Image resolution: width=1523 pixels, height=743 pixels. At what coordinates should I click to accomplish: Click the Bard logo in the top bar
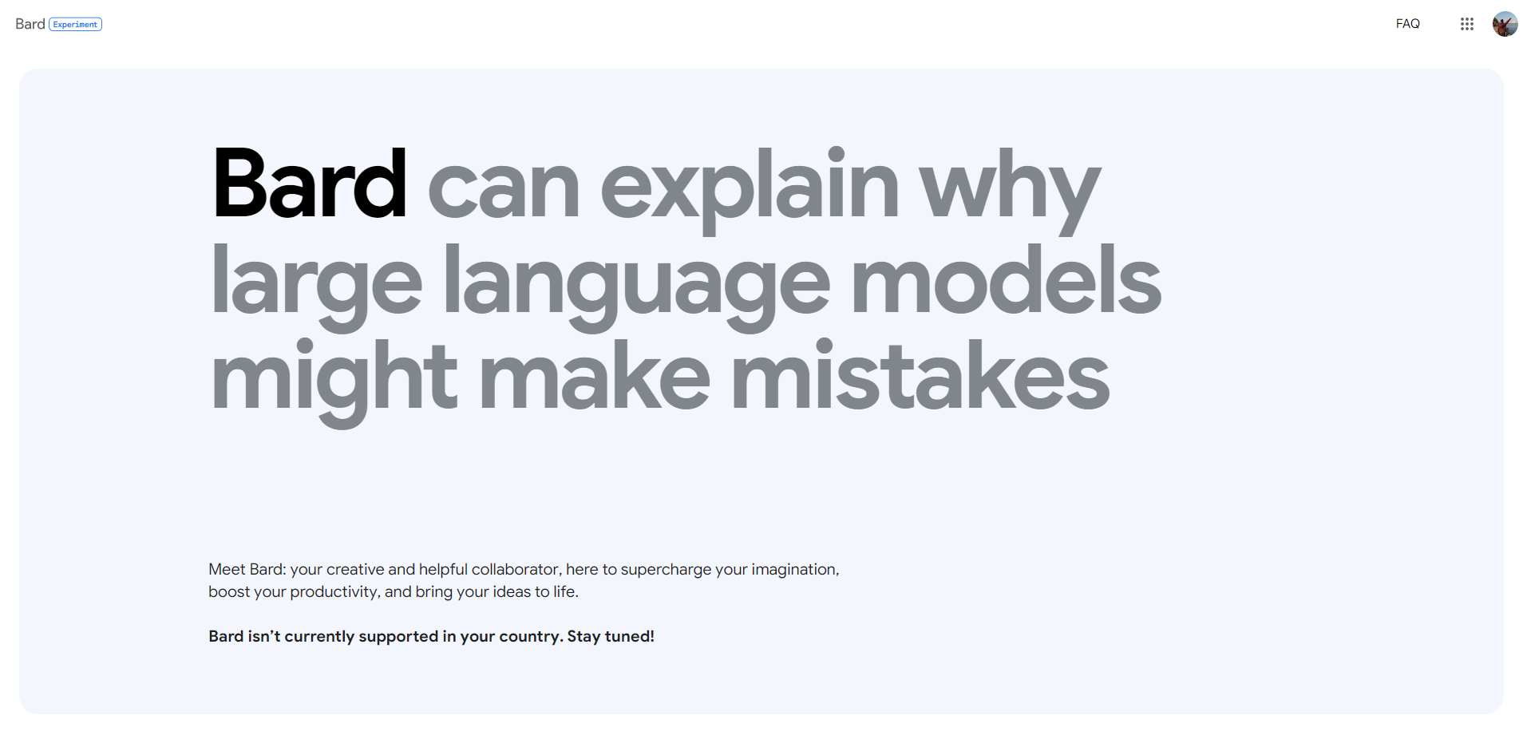click(30, 24)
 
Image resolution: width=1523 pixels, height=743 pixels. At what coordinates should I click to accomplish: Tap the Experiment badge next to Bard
click(76, 25)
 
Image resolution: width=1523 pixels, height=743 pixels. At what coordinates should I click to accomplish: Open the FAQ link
click(1408, 24)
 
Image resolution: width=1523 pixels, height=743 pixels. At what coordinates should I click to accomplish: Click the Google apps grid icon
click(1467, 24)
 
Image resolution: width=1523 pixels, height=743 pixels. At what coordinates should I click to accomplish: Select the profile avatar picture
click(1505, 24)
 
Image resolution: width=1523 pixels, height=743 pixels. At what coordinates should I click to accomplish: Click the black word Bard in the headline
click(310, 184)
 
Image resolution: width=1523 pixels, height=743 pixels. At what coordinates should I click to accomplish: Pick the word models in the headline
click(1006, 279)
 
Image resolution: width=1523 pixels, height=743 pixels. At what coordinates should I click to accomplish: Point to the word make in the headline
click(594, 375)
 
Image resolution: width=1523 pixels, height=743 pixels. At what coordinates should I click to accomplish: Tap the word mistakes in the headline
click(920, 375)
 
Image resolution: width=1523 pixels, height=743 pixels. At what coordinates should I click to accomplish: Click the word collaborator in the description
click(516, 569)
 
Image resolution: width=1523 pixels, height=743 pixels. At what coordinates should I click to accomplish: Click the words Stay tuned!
click(611, 637)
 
